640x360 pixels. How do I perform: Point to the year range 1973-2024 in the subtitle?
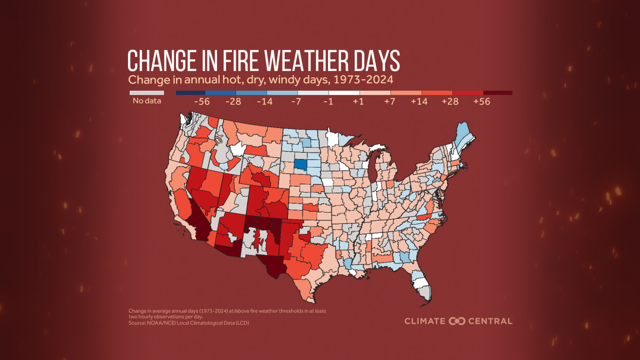tap(360, 81)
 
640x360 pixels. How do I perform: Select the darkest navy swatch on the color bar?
tap(190, 93)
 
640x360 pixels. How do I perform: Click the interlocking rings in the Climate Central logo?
tap(457, 321)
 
